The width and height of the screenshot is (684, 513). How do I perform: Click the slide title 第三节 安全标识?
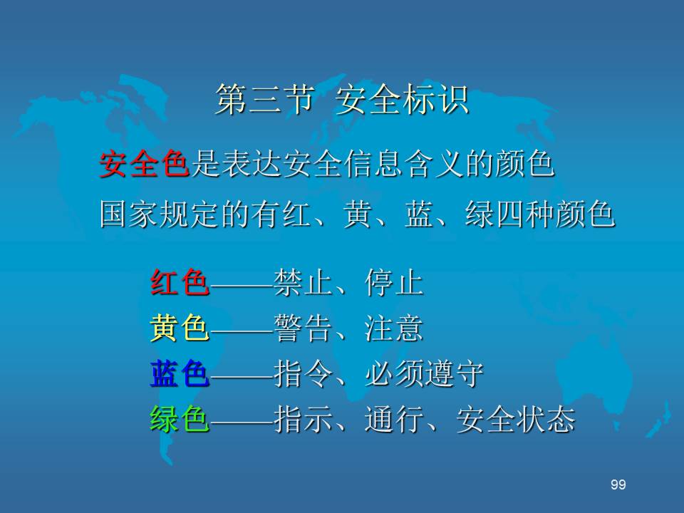pos(342,100)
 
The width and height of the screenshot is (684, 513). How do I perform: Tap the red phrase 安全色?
pos(145,165)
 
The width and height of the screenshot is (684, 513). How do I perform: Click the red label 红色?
pos(180,283)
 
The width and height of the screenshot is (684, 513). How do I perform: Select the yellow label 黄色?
pos(180,328)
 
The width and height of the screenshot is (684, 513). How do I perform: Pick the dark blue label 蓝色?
pos(180,374)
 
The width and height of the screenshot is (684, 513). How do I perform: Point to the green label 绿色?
pos(180,419)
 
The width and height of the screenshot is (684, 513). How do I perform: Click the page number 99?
pos(618,484)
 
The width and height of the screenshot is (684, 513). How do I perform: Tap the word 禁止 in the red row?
pos(304,283)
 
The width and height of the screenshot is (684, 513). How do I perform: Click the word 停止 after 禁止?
pos(394,283)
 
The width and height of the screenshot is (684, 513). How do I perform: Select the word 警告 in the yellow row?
pos(304,328)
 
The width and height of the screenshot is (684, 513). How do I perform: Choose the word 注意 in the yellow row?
pos(394,328)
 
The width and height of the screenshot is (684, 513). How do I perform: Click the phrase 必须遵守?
pos(424,374)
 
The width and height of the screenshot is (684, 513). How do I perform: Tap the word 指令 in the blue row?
pos(304,374)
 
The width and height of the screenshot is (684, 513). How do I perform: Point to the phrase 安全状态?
pos(516,419)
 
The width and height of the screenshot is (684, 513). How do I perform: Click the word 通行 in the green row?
pos(394,419)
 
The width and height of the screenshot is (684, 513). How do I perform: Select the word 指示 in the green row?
pos(304,419)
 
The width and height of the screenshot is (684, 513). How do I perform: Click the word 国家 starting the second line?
pos(130,214)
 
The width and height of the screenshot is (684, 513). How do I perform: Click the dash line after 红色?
pos(242,286)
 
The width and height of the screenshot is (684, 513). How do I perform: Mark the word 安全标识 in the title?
pos(402,100)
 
